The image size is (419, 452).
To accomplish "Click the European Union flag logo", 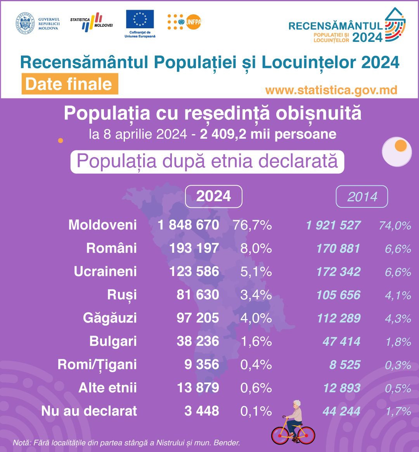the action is (x=140, y=19).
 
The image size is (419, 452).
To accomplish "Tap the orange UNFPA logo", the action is (x=184, y=22).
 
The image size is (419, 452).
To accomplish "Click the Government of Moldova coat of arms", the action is (x=25, y=23).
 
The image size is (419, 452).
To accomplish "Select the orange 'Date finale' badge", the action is (x=70, y=84).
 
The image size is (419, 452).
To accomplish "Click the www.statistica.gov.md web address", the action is (x=331, y=90).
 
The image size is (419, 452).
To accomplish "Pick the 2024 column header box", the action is (x=213, y=196).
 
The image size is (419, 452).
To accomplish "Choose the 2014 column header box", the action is (x=362, y=197).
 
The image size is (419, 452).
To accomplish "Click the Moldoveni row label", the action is (x=102, y=225).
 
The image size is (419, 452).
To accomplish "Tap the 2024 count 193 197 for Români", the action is (x=194, y=248).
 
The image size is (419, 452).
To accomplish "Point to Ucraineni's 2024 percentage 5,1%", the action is (x=256, y=271).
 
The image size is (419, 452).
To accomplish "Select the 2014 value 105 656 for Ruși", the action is (x=338, y=295).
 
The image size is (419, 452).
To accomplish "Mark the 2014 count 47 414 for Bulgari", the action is (x=342, y=342).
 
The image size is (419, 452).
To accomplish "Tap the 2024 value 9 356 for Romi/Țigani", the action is (x=202, y=364).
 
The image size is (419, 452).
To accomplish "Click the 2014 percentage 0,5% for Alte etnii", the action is (x=398, y=388).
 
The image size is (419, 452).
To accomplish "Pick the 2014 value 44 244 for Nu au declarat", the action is (x=342, y=411).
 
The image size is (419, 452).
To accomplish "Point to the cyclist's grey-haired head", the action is (x=297, y=404).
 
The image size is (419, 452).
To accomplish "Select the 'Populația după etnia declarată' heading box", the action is (x=207, y=162).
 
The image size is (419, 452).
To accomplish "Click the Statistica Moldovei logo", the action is (x=91, y=22).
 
